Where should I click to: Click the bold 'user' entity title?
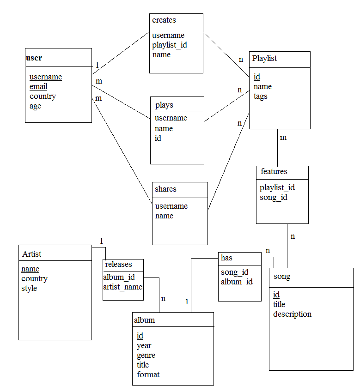point(34,58)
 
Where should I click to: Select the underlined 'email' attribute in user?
point(38,87)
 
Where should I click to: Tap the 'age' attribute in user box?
point(35,106)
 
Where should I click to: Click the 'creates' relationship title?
point(164,20)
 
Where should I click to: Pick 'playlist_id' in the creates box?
point(170,45)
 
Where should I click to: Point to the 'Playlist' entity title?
point(265,59)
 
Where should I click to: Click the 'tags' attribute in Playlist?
point(260,96)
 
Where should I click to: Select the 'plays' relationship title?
point(164,105)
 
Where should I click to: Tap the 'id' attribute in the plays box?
point(158,138)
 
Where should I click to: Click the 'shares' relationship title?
point(165,189)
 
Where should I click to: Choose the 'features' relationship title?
point(274,172)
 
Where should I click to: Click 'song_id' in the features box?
point(274,198)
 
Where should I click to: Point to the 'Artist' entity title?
point(32,254)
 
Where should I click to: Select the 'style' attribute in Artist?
point(29,289)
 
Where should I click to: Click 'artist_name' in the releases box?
point(122,287)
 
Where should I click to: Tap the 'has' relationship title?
point(226,258)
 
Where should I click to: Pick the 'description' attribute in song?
point(292,314)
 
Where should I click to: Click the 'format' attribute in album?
point(148,375)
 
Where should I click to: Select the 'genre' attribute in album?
point(146,356)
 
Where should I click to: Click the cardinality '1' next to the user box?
point(97,65)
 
